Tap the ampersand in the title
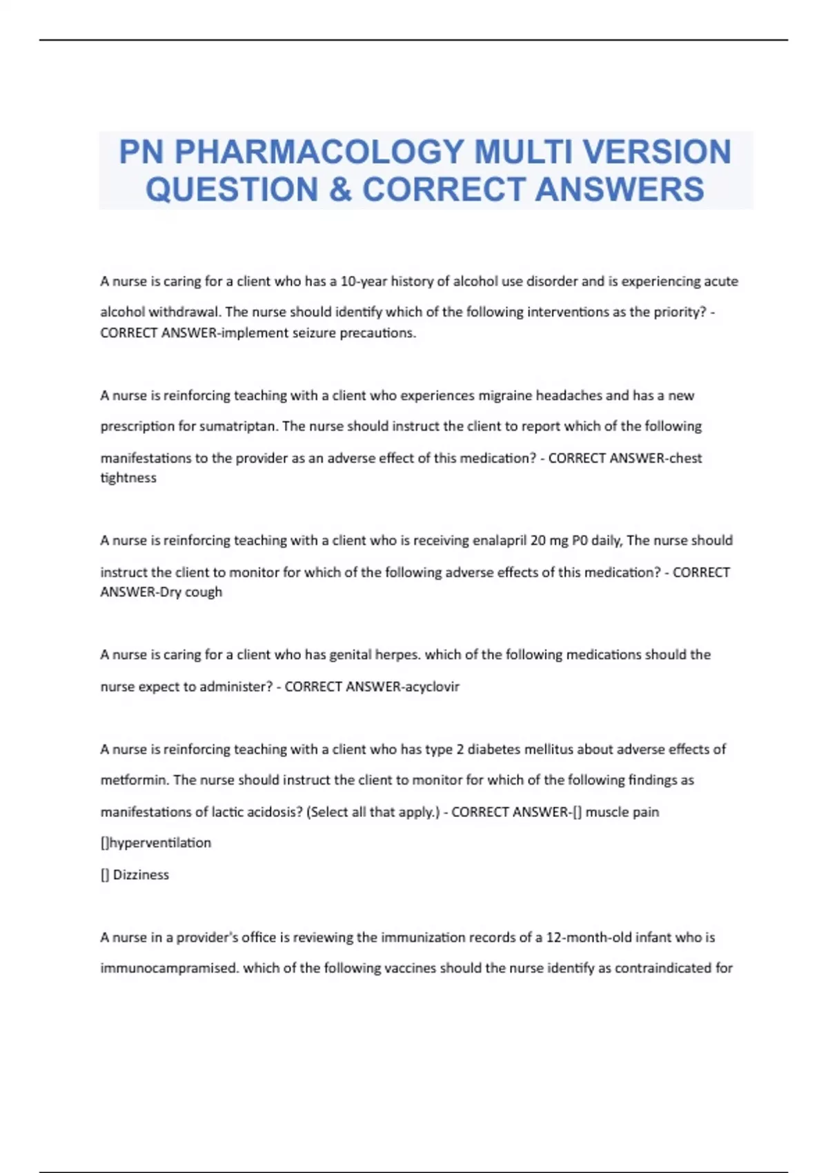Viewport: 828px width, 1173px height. [340, 190]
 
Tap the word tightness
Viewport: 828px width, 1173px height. [128, 478]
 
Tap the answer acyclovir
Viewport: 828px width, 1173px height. [433, 687]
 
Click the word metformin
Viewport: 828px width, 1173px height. [134, 780]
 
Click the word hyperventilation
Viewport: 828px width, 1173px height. [160, 843]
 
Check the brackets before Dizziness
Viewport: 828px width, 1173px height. [105, 875]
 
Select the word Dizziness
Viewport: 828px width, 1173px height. [141, 875]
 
